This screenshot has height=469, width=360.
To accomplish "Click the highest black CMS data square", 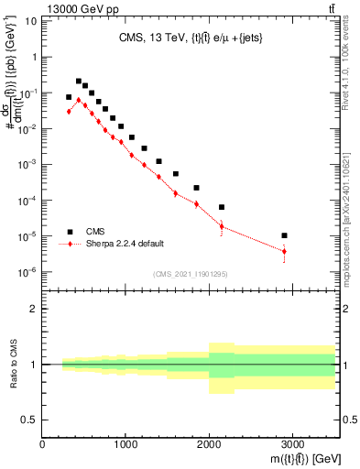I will point(79,82).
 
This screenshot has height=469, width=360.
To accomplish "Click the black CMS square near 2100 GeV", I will point(222,207).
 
